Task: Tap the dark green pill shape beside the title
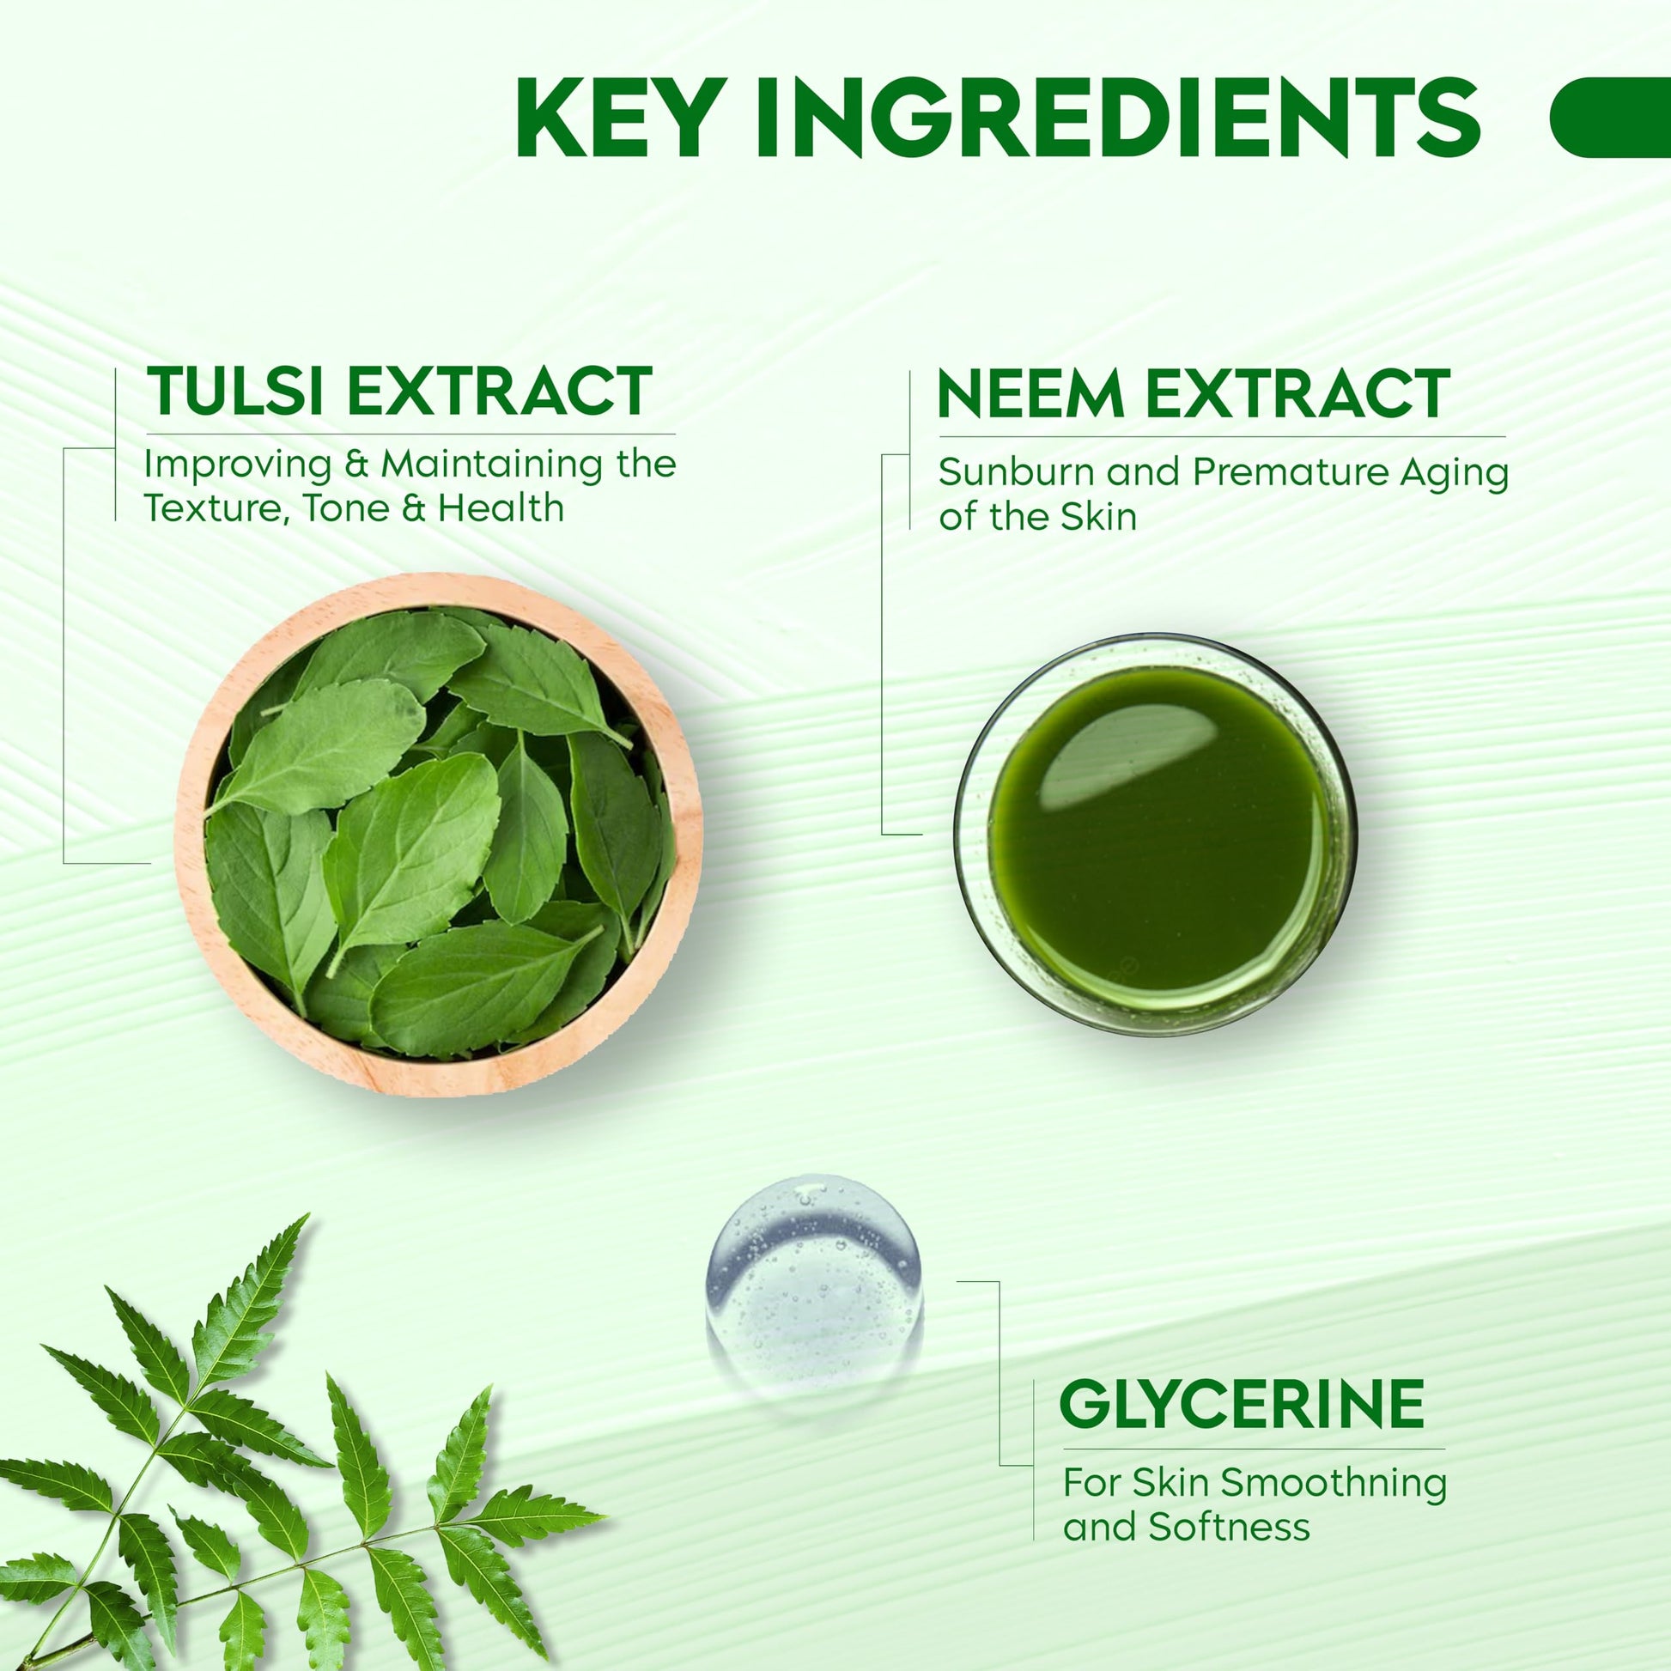[x=1610, y=117]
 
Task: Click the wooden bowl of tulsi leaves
[x=439, y=835]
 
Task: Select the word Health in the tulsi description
[x=501, y=507]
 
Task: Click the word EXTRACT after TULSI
[x=499, y=391]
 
